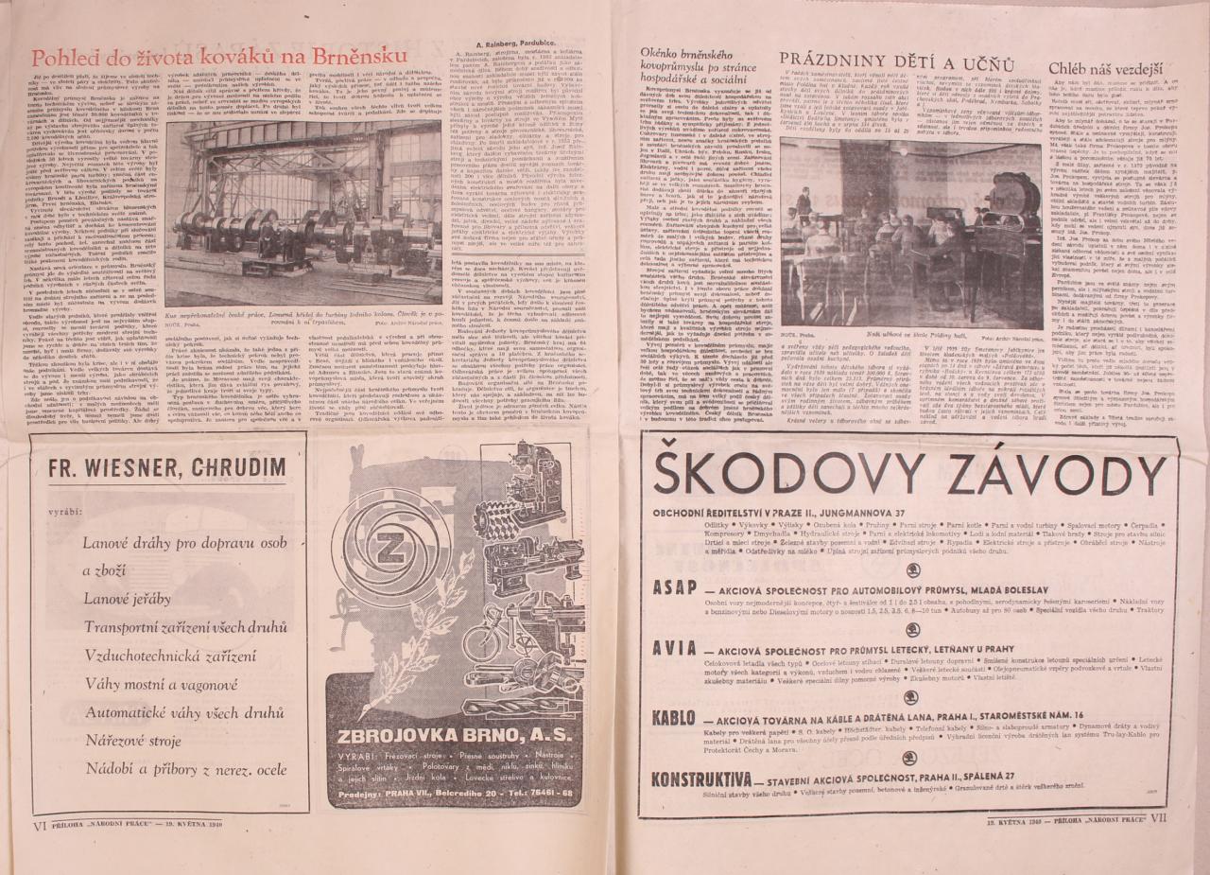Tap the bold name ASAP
675,586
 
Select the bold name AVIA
675,649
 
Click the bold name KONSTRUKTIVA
701,778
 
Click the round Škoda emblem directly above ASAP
913,569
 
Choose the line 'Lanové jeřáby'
129,598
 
